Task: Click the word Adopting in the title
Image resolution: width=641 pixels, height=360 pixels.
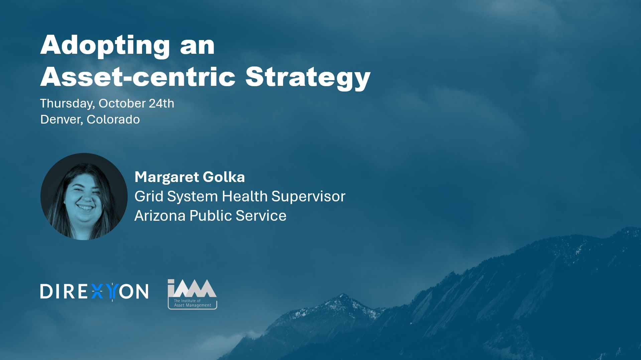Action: pyautogui.click(x=105, y=46)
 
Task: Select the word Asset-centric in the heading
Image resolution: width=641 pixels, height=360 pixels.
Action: pyautogui.click(x=138, y=77)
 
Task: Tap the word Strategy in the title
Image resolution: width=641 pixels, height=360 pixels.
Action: pyautogui.click(x=308, y=78)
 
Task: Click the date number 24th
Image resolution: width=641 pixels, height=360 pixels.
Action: pyautogui.click(x=161, y=104)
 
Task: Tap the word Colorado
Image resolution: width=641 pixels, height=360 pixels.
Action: pyautogui.click(x=113, y=120)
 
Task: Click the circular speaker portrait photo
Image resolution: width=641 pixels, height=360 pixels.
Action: pyautogui.click(x=84, y=196)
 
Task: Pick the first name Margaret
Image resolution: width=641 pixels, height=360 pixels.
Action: pyautogui.click(x=167, y=178)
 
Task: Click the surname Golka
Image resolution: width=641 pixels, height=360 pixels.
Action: pyautogui.click(x=224, y=177)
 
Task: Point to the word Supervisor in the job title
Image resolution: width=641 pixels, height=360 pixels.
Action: pyautogui.click(x=308, y=197)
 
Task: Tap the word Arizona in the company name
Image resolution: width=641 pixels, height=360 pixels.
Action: pyautogui.click(x=160, y=216)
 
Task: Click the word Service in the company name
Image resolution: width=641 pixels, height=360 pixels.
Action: pyautogui.click(x=261, y=216)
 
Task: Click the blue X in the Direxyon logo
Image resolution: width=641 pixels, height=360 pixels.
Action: pyautogui.click(x=97, y=292)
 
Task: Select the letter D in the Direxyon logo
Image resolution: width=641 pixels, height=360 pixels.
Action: pyautogui.click(x=46, y=292)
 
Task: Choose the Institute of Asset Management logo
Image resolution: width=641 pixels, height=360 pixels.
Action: pyautogui.click(x=192, y=294)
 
